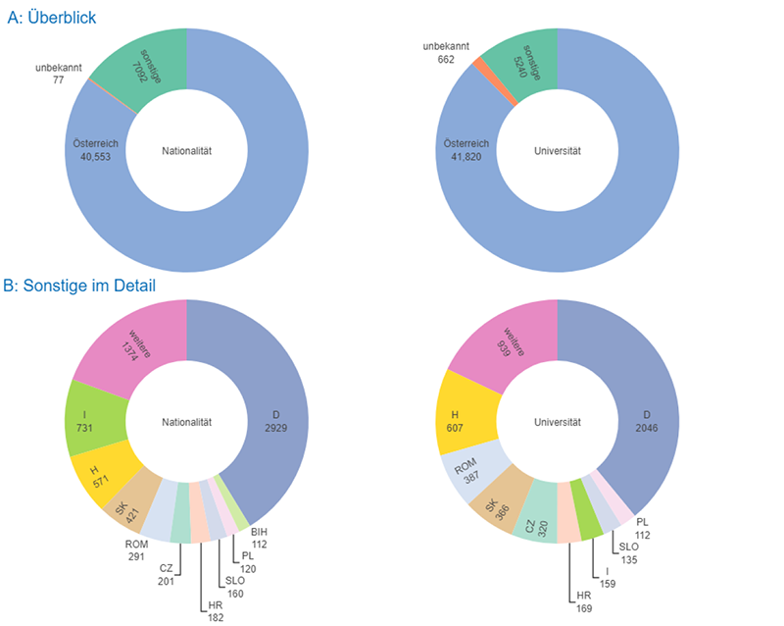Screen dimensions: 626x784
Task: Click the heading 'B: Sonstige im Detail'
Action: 80,286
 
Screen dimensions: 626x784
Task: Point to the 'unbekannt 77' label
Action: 59,75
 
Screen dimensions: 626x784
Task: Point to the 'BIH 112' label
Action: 259,538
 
